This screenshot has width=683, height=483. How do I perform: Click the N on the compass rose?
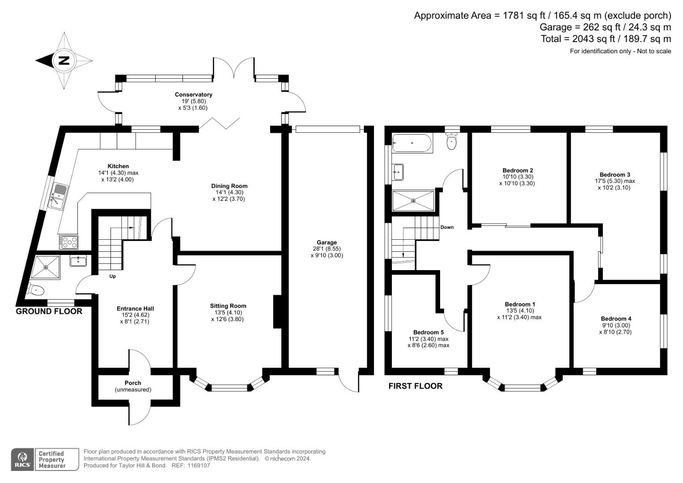pos(64,60)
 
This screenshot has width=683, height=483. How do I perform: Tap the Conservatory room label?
pos(193,95)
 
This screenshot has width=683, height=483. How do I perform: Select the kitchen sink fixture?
pos(59,195)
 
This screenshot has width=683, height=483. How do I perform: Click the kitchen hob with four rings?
pos(68,242)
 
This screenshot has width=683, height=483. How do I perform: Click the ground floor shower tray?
pos(46,267)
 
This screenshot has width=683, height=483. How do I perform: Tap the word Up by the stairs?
pos(113,276)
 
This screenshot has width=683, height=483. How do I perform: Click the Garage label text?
pos(327,243)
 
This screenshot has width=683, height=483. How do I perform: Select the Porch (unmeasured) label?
pos(133,386)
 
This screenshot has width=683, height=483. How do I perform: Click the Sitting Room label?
pos(228,306)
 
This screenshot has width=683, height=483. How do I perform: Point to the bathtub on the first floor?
pos(412,143)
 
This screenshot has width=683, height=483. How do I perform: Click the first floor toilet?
pos(452,141)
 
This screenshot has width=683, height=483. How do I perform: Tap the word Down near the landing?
pos(447,227)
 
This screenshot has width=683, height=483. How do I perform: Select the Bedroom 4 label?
pos(616,319)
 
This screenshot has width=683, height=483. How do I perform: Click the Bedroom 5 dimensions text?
pos(428,342)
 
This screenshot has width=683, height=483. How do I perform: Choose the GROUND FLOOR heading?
pos(49,311)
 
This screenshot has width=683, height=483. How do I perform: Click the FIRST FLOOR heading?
pos(415,386)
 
